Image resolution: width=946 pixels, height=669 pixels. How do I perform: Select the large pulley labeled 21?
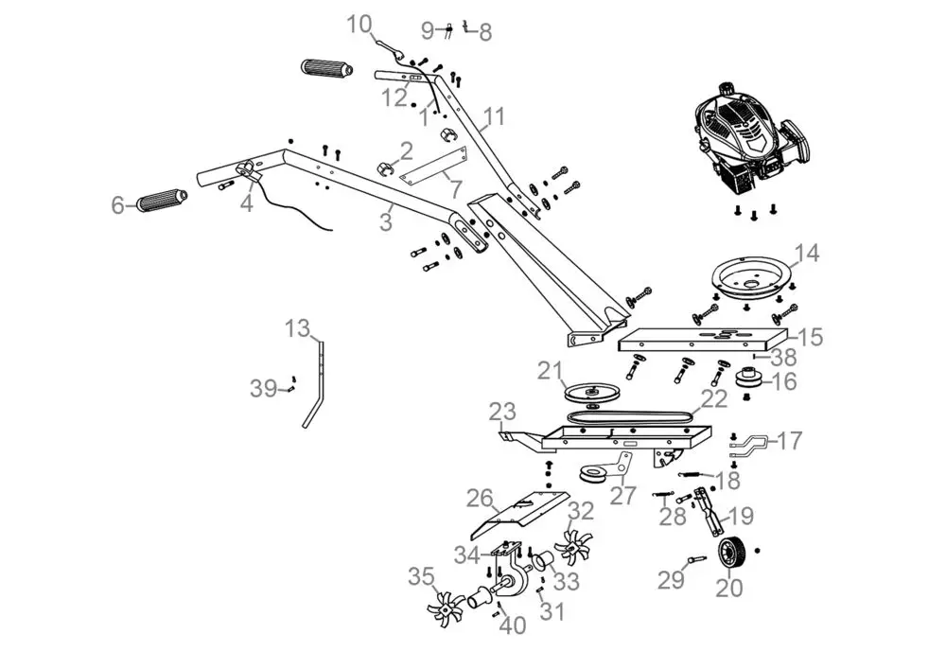click(589, 392)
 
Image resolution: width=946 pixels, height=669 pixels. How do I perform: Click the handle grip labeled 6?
click(163, 202)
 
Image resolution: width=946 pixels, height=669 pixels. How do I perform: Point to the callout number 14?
click(806, 254)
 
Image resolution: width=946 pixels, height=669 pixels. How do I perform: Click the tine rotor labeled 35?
click(444, 612)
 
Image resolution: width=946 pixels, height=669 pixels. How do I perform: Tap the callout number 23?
click(502, 412)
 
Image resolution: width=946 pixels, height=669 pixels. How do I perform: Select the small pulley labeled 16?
click(752, 381)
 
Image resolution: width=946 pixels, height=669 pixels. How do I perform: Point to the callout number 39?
click(264, 387)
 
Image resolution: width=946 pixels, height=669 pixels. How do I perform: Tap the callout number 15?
click(810, 337)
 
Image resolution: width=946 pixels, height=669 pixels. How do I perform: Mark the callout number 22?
click(713, 399)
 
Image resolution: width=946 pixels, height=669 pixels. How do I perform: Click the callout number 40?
click(512, 626)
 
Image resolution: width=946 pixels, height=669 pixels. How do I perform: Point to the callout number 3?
click(385, 222)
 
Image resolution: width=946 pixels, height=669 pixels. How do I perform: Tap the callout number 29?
click(671, 580)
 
